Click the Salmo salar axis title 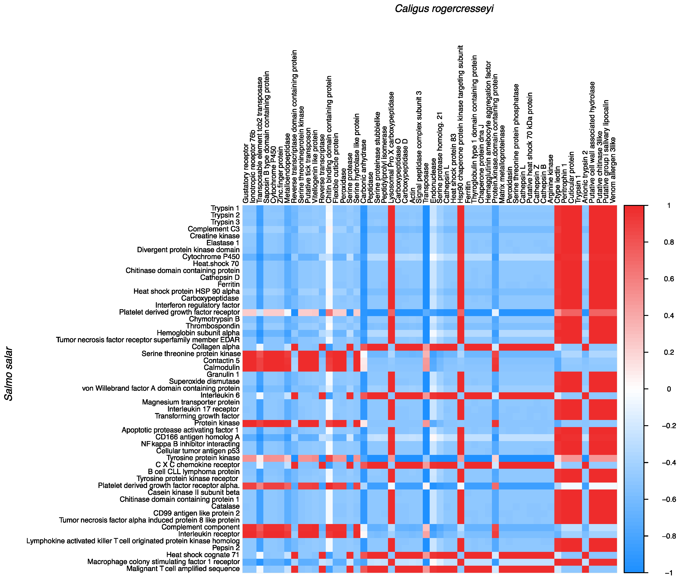(9, 374)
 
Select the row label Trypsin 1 (225, 208)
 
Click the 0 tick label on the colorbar (669, 389)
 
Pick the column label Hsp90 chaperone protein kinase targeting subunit (461, 124)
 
